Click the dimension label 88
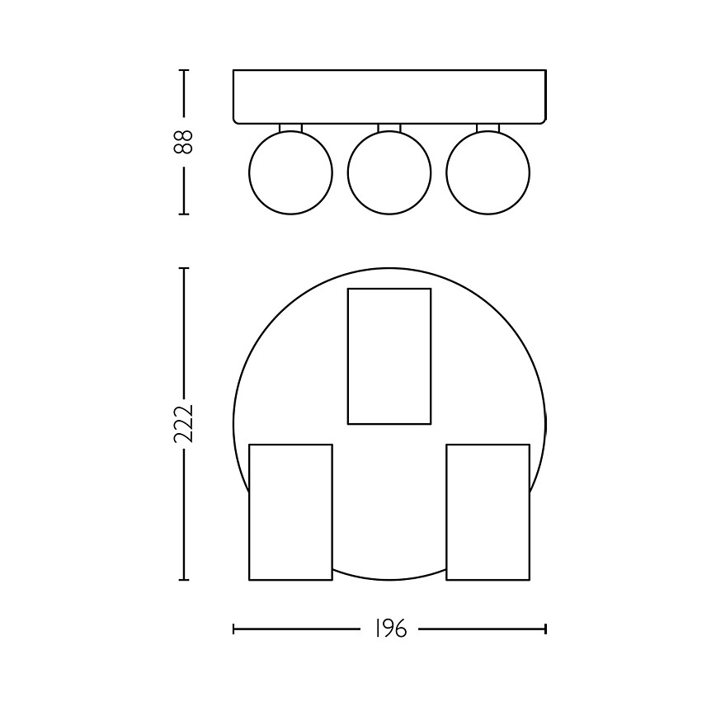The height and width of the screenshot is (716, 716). [x=183, y=141]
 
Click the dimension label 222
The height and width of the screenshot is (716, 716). [x=183, y=424]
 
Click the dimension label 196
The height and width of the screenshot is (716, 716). [x=390, y=629]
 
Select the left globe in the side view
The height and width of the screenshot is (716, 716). [x=290, y=172]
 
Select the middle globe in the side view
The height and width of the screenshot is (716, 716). [x=389, y=172]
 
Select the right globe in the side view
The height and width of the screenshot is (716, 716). [x=488, y=172]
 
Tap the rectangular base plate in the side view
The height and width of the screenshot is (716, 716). [x=389, y=96]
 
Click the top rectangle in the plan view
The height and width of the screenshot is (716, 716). [x=389, y=356]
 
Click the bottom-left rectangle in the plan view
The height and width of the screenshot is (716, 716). [x=290, y=511]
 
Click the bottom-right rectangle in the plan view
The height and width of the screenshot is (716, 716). [x=488, y=511]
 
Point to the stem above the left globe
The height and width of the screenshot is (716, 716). [x=290, y=127]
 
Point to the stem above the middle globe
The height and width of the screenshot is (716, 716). [x=389, y=127]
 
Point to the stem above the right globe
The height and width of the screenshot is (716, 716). [x=488, y=127]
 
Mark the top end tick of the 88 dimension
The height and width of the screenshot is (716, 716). [x=183, y=70]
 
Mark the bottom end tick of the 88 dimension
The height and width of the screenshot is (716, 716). [x=183, y=214]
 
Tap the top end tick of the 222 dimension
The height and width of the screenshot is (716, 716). [x=183, y=268]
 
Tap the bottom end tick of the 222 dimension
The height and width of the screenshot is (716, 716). [x=183, y=580]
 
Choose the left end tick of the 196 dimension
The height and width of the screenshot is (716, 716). [x=234, y=629]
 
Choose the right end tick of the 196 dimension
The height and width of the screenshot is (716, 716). [x=545, y=629]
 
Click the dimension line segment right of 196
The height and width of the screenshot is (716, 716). [x=481, y=629]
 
